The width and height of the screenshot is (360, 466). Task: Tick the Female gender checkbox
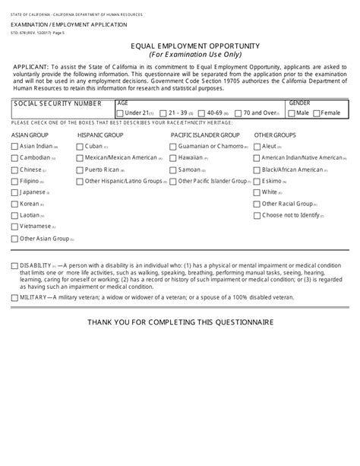point(317,113)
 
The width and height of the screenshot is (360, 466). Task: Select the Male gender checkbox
point(292,113)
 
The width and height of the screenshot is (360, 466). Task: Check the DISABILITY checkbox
point(14,265)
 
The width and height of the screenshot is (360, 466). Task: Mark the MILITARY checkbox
point(14,298)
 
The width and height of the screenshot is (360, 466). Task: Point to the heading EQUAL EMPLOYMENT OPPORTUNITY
point(180,46)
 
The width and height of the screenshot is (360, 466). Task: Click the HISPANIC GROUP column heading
point(100,134)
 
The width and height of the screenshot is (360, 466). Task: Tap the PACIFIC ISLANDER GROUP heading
point(206,134)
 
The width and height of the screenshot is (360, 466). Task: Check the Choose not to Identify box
point(257,215)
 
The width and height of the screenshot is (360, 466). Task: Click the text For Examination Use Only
point(180,55)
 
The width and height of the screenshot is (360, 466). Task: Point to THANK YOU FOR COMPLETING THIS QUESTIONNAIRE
point(180,322)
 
